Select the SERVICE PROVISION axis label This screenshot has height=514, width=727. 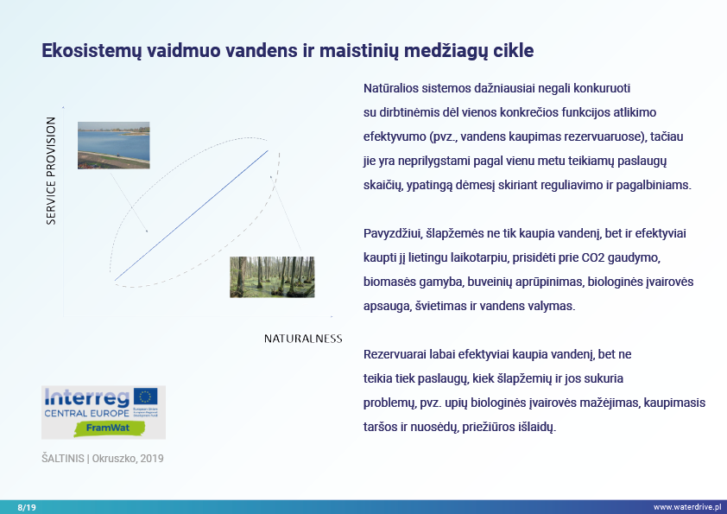coord(51,171)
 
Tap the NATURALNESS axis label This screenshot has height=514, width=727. coord(303,339)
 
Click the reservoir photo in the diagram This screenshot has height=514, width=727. coord(113,145)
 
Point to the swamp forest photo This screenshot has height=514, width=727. coord(272,276)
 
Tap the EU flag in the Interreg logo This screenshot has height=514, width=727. coord(145,397)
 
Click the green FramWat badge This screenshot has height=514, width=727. coord(103,427)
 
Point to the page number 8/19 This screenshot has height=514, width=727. coord(27,507)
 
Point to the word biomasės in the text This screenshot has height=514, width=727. coord(389,282)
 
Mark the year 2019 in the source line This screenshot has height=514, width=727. coord(152,459)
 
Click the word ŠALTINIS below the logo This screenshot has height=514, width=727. coord(62,459)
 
